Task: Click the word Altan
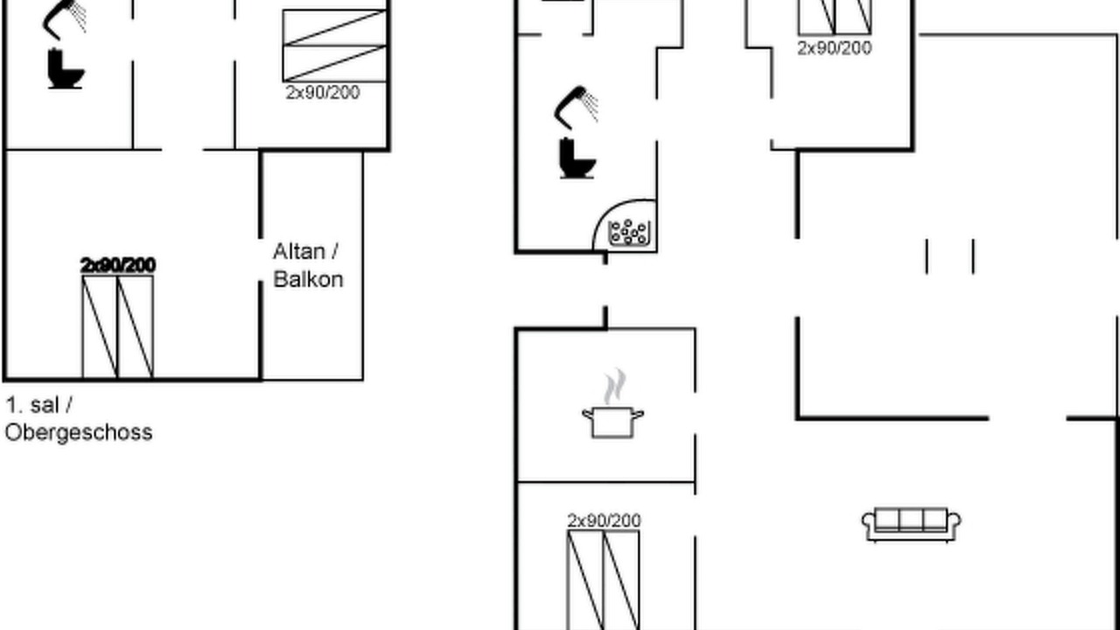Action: [x=299, y=251]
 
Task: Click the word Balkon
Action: [x=309, y=279]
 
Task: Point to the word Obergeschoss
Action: [x=79, y=432]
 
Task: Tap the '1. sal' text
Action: [x=32, y=405]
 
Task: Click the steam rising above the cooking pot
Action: [x=614, y=387]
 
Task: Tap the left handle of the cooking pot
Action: [x=587, y=414]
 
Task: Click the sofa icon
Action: [x=911, y=524]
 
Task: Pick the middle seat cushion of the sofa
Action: [x=911, y=520]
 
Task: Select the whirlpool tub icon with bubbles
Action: [x=629, y=233]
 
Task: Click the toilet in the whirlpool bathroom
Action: [x=577, y=158]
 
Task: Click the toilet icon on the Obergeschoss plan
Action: [x=66, y=68]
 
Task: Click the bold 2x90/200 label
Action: [x=118, y=265]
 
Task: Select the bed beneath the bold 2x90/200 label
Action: [x=118, y=327]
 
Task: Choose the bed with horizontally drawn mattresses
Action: [x=334, y=45]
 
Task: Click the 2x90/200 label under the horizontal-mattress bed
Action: [x=323, y=93]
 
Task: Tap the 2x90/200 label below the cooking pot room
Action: [x=604, y=521]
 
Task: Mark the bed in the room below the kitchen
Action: [x=603, y=580]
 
